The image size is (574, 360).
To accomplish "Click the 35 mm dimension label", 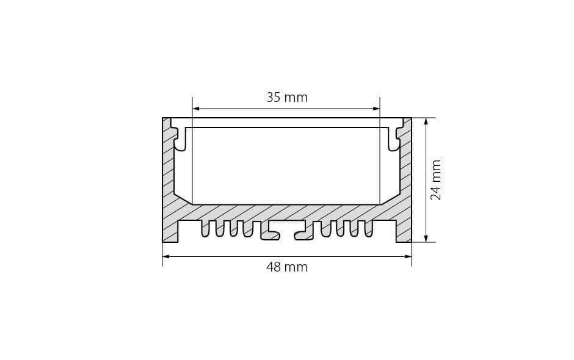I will click(286, 98).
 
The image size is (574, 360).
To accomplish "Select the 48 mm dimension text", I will click(286, 267).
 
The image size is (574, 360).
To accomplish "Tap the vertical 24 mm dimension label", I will click(435, 180).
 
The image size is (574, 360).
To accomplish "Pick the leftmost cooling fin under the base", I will click(206, 228).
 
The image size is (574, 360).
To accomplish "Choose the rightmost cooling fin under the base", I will click(368, 228).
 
